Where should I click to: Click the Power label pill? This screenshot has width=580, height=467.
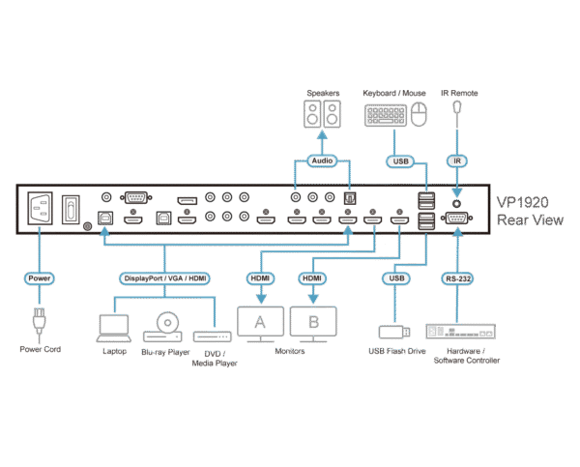[40, 277]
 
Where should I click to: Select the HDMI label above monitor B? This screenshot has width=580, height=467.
[311, 277]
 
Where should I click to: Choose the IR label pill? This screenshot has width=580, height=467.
[456, 161]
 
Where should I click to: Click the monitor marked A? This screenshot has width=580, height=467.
[259, 322]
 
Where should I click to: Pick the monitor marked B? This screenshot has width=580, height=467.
[311, 322]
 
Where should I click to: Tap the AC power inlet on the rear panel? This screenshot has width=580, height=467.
[41, 209]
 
